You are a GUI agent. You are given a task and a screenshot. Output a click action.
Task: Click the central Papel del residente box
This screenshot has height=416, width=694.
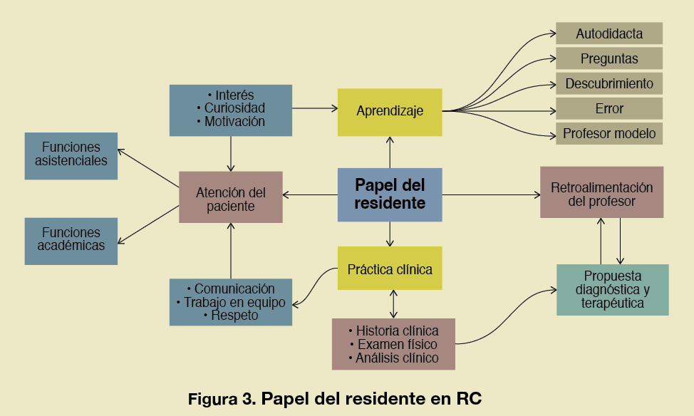pos(390,194)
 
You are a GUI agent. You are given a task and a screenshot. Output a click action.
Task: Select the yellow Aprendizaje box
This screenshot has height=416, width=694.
pos(390,111)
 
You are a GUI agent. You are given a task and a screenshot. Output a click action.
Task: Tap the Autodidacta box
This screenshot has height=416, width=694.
pos(609,33)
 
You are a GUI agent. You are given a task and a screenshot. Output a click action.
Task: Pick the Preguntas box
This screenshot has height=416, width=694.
pos(609,58)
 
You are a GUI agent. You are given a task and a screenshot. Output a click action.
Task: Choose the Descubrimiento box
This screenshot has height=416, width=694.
pos(609,83)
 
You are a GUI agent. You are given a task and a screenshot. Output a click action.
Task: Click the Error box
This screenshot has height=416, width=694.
pos(609,108)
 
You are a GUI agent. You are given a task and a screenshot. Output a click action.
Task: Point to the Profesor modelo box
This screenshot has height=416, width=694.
pos(609,133)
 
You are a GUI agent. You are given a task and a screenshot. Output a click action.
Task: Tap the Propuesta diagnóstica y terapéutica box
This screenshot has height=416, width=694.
pos(613,289)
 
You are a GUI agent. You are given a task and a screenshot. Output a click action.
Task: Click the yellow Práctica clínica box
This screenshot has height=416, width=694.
pos(390,269)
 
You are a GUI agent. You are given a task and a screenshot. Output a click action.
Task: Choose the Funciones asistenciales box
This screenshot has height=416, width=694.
pos(71,154)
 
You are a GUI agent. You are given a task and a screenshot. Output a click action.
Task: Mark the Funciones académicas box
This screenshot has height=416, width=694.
pos(71,239)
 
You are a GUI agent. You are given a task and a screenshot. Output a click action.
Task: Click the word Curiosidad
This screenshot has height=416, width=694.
pos(234,108)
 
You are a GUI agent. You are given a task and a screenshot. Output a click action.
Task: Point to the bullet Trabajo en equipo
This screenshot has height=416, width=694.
pos(230,303)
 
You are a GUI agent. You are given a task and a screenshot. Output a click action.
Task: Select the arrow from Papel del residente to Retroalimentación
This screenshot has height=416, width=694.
pos(492,194)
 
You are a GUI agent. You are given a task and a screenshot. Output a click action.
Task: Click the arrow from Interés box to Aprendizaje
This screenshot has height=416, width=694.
pos(314,108)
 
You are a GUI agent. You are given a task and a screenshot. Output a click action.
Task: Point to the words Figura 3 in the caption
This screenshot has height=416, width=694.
pos(221,399)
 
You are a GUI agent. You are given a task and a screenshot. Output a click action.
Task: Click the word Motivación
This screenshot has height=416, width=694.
pos(234,121)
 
